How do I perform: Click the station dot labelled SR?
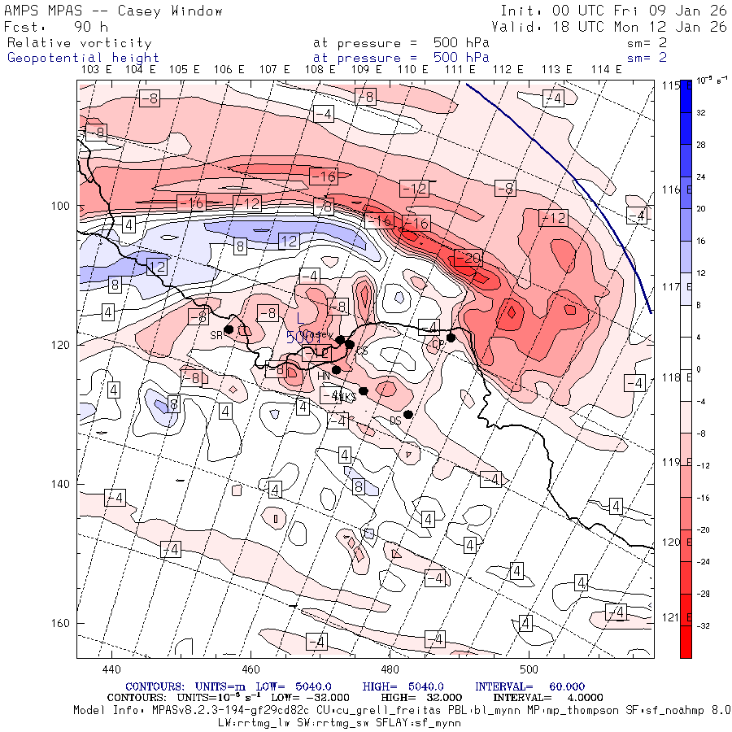229,329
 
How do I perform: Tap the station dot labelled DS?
408,414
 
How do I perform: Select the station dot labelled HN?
336,370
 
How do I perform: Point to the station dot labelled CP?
451,338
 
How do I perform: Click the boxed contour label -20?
469,258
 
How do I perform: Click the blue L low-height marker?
299,317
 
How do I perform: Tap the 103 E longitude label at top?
96,70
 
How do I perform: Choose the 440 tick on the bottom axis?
111,669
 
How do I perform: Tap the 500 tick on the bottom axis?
529,669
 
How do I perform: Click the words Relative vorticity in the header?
80,43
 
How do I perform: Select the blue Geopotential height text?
83,58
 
